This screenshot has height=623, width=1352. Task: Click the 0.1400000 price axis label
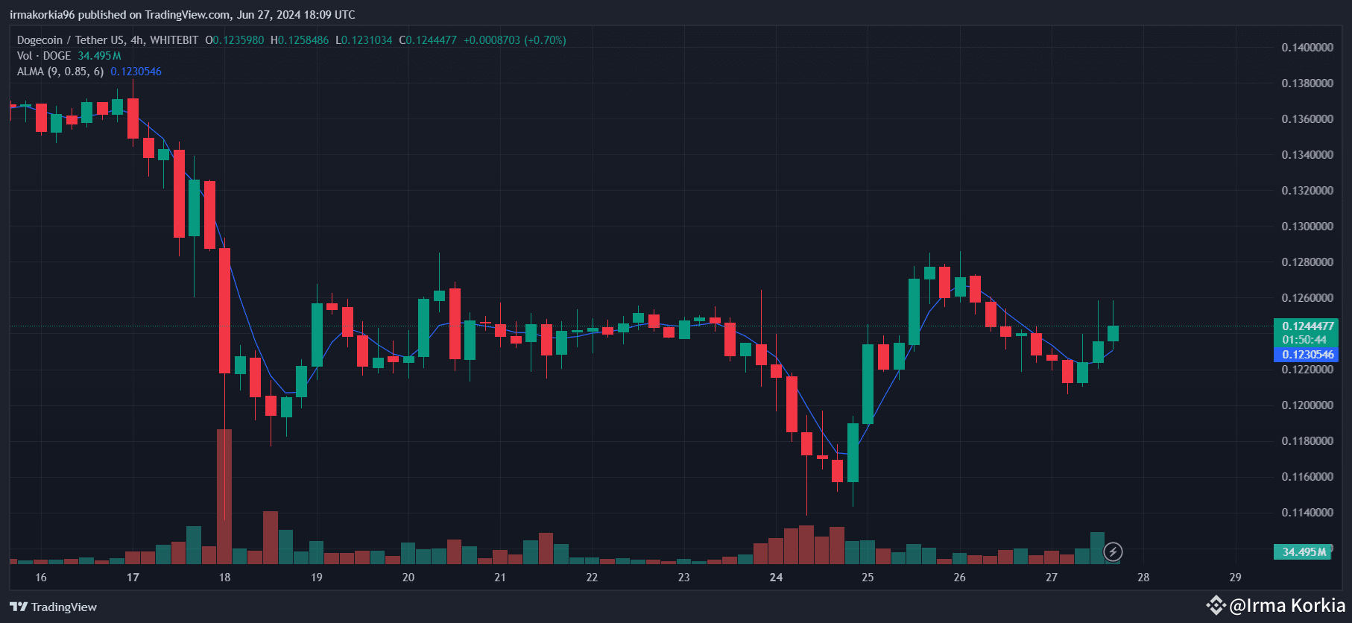pos(1307,48)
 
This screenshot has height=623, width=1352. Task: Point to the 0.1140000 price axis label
pos(1307,513)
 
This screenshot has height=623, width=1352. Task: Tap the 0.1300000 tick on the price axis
pos(1307,227)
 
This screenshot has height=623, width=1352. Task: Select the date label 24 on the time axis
pos(776,578)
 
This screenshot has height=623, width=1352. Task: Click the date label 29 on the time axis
pos(1235,578)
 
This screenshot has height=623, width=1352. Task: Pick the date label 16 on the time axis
pos(41,578)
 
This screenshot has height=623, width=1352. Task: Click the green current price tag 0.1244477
pos(1307,326)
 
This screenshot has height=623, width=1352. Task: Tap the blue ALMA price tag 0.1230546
pos(1307,355)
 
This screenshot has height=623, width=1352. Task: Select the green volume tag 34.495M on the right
pos(1304,552)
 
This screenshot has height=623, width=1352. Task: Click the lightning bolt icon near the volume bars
pos(1113,552)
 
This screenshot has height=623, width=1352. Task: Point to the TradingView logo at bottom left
pos(54,607)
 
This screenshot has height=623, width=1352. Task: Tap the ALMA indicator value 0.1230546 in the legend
pos(136,72)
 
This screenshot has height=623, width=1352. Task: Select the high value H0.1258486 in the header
pos(300,40)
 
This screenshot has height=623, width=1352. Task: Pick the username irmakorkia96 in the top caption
pos(42,15)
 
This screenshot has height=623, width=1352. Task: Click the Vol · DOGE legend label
pos(44,56)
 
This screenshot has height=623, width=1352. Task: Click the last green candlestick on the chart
pos(1113,333)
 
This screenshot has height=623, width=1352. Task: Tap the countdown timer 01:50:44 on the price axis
pos(1304,340)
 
